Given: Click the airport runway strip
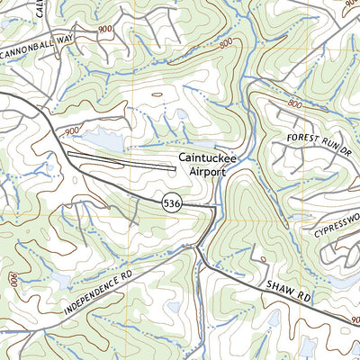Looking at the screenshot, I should (x=121, y=160).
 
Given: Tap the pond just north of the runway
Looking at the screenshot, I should (x=101, y=142).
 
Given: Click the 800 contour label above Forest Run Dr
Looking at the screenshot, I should (x=293, y=103).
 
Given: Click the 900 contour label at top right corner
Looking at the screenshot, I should (x=347, y=4).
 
